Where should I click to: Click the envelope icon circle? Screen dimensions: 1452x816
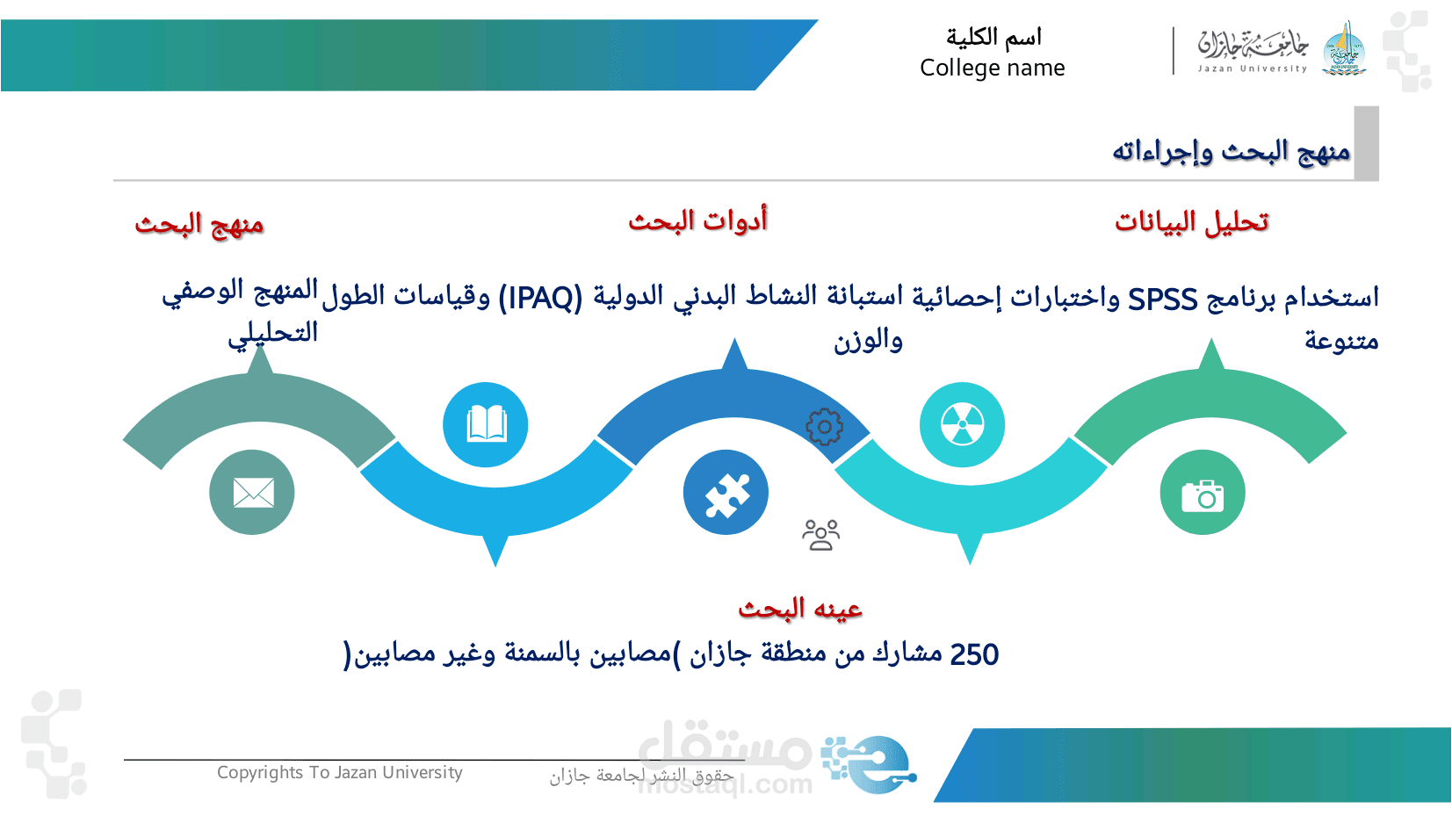point(251,492)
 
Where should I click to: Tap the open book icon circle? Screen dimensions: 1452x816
point(486,424)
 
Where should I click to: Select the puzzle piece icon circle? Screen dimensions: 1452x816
point(726,492)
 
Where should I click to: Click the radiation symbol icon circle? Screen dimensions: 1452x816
point(963,424)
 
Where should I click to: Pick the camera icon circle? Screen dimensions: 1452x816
point(1203,492)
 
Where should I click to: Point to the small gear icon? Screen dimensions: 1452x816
point(825,427)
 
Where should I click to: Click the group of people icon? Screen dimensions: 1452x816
point(821,535)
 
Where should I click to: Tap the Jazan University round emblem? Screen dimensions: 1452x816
point(1345,49)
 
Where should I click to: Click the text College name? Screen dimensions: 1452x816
point(993,68)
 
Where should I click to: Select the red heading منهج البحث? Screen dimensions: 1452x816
point(199,225)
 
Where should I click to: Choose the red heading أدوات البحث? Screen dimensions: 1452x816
point(698,220)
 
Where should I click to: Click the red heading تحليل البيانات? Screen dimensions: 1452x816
point(1191,222)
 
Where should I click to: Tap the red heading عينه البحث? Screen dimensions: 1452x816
point(800,609)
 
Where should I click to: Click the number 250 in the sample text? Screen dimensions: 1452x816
point(974,654)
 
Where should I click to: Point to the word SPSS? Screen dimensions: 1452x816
point(1163,300)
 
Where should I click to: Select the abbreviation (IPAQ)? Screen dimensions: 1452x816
point(540,299)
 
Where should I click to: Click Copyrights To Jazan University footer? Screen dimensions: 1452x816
point(340,773)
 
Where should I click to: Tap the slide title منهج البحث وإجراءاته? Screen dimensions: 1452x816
point(1232,152)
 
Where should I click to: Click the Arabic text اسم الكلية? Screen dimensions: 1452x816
point(993,37)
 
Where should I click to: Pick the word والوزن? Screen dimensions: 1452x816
point(868,340)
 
